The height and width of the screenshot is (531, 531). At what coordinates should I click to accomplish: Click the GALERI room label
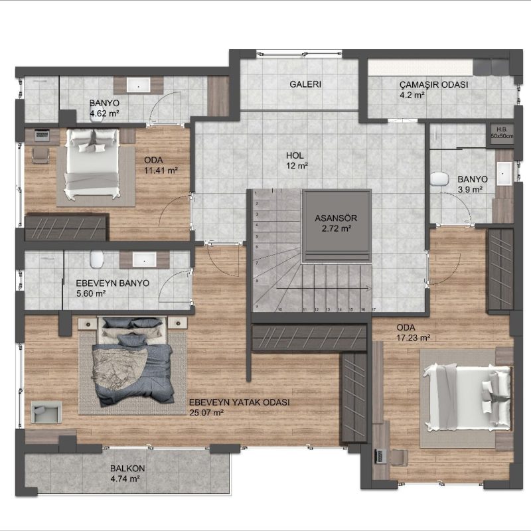point(305,84)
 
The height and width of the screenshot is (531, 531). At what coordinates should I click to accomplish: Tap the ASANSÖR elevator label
point(336,218)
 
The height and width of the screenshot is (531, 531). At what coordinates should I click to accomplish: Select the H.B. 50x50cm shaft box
point(502,133)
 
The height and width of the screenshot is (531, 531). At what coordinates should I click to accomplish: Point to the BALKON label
point(127,469)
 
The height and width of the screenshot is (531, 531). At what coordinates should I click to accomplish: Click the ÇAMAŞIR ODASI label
point(433,85)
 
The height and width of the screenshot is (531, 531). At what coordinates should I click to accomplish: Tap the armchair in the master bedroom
point(46,412)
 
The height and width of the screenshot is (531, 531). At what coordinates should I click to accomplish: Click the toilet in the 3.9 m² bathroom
point(439,179)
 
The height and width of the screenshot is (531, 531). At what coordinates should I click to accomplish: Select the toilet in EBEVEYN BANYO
point(96,259)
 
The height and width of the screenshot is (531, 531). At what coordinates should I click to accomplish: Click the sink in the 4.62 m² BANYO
point(138,86)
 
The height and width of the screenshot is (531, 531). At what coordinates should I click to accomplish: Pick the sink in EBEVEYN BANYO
point(145,260)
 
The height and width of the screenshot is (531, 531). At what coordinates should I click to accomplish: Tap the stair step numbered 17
point(374,309)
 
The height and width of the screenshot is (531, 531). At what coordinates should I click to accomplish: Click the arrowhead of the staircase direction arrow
point(368,288)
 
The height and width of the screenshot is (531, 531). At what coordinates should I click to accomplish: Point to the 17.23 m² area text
point(413,338)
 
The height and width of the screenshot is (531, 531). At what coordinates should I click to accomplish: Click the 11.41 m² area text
point(161,171)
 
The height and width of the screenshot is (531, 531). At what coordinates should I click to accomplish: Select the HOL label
point(295,155)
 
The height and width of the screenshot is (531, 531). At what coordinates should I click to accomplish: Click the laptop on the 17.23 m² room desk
point(379,456)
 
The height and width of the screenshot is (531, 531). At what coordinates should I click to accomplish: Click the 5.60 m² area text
point(91,293)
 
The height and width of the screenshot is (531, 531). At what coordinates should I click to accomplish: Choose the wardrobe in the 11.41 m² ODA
point(66,227)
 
